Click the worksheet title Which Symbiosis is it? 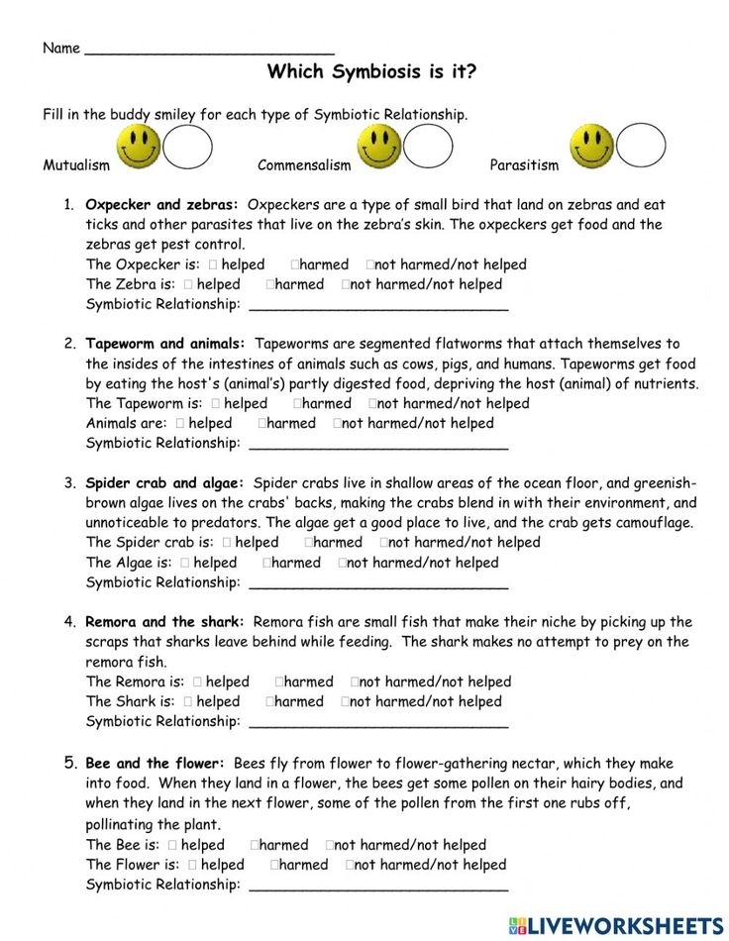coord(371,72)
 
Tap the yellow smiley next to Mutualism coord(138,147)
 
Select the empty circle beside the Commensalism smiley coord(428,147)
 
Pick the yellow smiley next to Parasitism coord(591,147)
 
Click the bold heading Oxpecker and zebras coord(161,205)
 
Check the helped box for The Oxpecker coord(213,264)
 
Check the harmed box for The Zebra coord(270,284)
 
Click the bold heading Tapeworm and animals coord(166,344)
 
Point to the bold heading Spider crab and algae coord(164,483)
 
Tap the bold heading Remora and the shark coord(164,622)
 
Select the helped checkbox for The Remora coord(198,681)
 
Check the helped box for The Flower coord(193,865)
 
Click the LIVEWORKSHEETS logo coord(615,925)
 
